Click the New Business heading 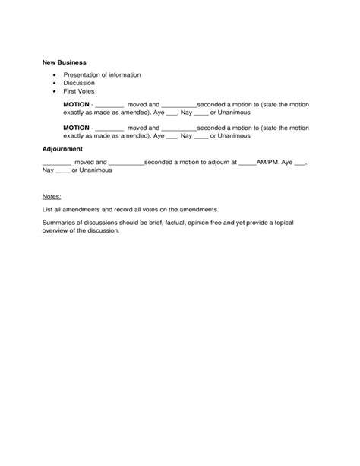coord(65,61)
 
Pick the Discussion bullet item coord(79,83)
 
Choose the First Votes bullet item coord(80,90)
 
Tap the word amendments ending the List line coord(200,209)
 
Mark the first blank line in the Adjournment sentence coord(57,163)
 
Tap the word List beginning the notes coord(48,209)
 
